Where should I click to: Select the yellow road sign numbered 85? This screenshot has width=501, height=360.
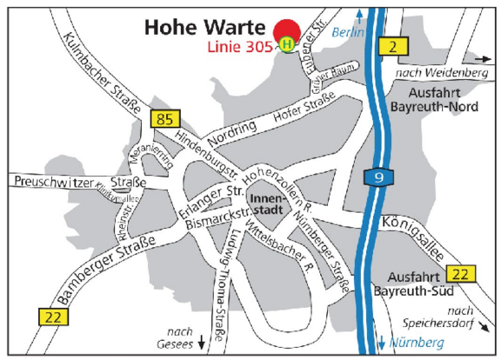(x=163, y=117)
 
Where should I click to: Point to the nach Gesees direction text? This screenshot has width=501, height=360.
(x=180, y=337)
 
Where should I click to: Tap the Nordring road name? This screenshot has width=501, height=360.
(x=231, y=137)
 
